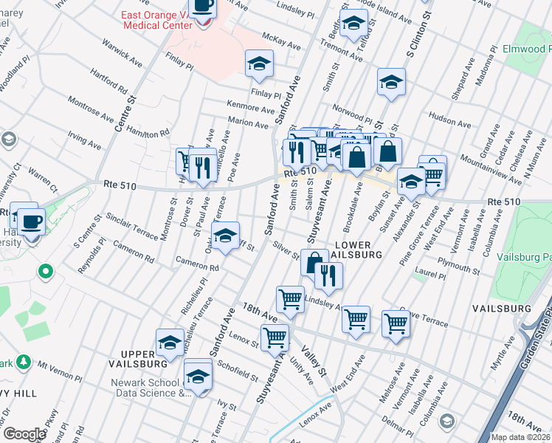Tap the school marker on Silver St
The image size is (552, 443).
(226, 236)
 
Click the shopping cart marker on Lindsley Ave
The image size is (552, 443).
(290, 299)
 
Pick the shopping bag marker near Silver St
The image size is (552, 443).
(314, 262)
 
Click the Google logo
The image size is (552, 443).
(25, 434)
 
